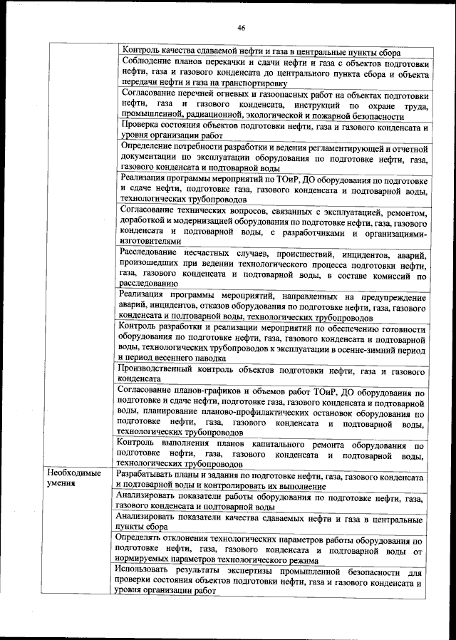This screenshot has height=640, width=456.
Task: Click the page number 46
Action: point(242,28)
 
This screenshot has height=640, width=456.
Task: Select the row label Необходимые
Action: point(73,474)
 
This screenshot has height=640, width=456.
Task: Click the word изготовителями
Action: point(151,242)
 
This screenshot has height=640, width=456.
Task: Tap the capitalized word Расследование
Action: point(152,254)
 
